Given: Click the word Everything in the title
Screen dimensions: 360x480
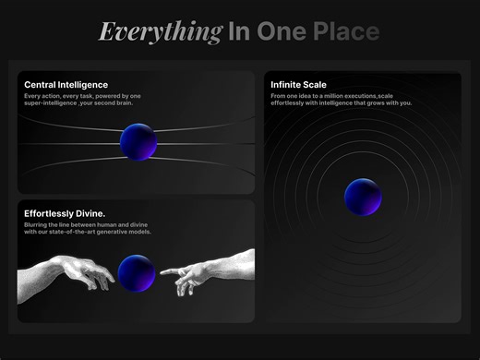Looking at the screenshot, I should (160, 32).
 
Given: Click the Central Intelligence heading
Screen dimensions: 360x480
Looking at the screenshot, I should (66, 85).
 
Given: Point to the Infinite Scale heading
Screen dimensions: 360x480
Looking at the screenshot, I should (298, 85).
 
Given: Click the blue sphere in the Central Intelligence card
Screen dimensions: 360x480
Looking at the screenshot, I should (138, 142).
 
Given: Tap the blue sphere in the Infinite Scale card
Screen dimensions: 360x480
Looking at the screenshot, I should (363, 197).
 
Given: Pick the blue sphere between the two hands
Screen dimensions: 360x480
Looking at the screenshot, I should (137, 272).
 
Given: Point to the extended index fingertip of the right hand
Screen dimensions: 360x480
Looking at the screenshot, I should (162, 273).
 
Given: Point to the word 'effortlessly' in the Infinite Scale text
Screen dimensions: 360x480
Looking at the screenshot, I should (290, 102).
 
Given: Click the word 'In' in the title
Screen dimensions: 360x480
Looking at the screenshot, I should (239, 32).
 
